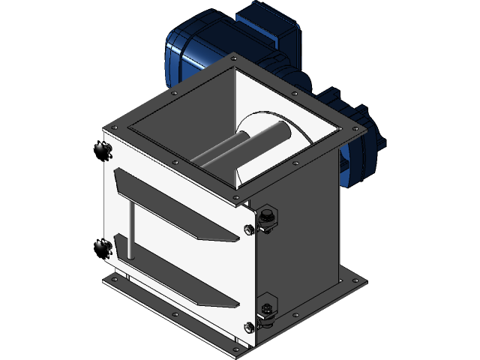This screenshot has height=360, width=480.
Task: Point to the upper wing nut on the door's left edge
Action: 104,149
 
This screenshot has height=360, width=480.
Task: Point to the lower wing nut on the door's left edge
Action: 104,247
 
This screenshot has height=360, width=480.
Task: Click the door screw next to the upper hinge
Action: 250,229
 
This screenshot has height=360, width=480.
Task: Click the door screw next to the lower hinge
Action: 250,325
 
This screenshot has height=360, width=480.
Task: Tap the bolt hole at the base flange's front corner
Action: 240,346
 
